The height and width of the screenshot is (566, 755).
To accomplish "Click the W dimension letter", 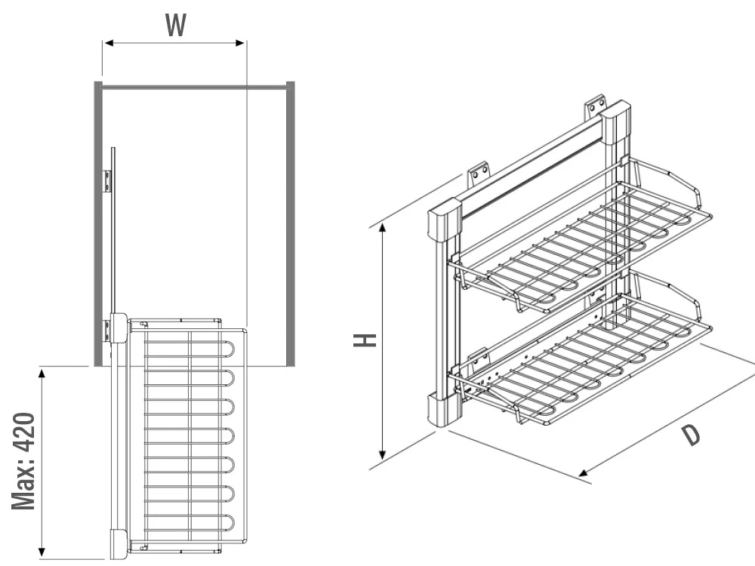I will point(175,26).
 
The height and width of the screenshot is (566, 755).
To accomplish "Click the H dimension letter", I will point(365,340).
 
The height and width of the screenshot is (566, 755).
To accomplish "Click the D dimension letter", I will point(689,435).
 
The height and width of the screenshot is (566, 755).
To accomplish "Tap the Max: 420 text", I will point(24,460).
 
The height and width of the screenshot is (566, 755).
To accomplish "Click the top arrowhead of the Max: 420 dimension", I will point(42,372).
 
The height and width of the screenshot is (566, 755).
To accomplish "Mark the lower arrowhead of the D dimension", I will point(584,474).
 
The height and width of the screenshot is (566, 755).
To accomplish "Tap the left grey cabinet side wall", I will point(98,226).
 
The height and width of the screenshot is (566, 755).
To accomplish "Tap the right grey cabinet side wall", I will point(290,226).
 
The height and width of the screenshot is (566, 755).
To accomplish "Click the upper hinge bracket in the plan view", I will point(107,180).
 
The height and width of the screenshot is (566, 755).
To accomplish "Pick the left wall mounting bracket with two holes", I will point(478,175).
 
